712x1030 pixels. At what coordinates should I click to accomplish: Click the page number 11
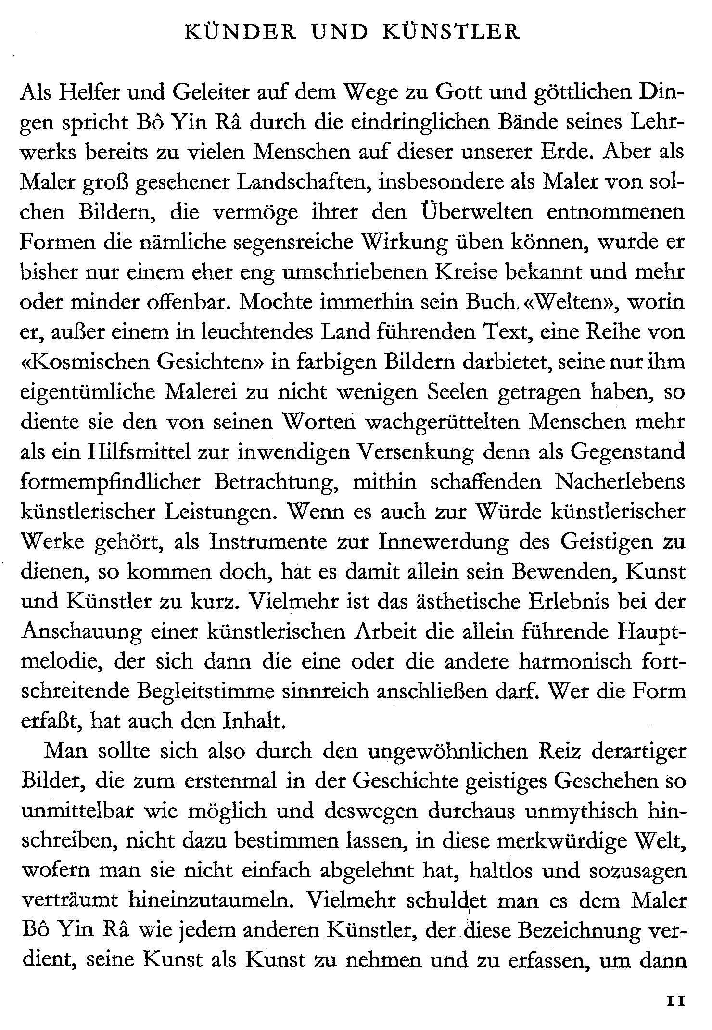(675, 1002)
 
